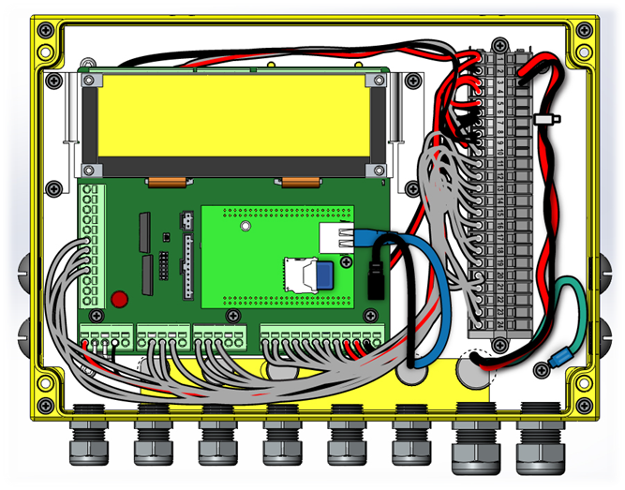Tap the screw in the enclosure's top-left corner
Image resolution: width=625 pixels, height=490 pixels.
tap(42, 30)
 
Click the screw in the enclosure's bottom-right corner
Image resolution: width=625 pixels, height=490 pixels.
tap(585, 405)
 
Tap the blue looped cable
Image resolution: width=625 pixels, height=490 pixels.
tap(430, 290)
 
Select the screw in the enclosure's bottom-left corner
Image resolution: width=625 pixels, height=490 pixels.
tap(42, 405)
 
